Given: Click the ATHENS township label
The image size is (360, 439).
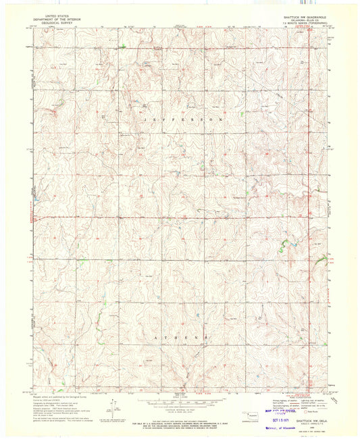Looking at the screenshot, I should [x=181, y=336].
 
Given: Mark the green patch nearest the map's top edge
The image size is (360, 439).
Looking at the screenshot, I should [x=124, y=47].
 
